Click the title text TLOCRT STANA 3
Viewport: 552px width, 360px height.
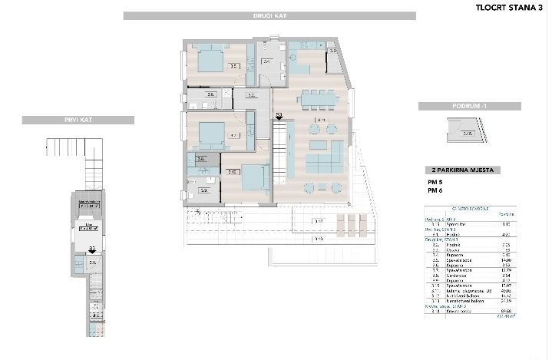[x=504, y=8]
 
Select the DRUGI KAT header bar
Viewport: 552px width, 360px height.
[x=269, y=15]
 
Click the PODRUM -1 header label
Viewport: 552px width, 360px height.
[x=461, y=106]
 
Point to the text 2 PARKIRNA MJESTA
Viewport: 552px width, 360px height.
[x=464, y=170]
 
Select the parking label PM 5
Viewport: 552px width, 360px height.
[x=436, y=182]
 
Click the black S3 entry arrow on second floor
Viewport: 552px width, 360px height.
[x=279, y=120]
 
